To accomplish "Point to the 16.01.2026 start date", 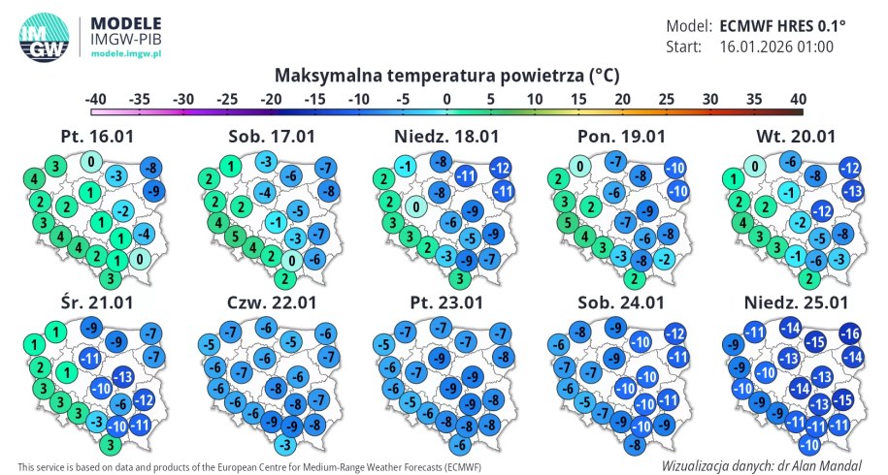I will [x=776, y=46].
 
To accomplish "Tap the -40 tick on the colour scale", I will [x=95, y=99].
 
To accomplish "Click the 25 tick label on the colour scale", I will [x=667, y=99].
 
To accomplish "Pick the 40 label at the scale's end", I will [x=798, y=99].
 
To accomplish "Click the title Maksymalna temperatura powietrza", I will [x=446, y=75].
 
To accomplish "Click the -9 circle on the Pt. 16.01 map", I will [x=152, y=191].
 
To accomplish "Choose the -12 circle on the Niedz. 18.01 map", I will [x=501, y=167].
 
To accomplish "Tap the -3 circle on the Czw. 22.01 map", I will [x=283, y=444].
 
